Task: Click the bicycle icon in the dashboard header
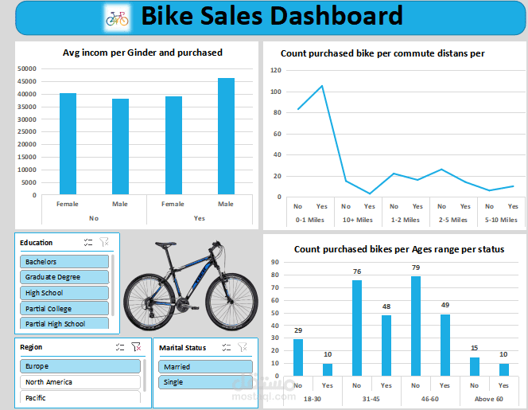click(x=117, y=17)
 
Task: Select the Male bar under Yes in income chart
click(x=226, y=136)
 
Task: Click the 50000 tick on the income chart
click(x=28, y=68)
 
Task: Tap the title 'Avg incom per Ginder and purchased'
click(x=142, y=53)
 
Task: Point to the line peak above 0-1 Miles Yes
click(x=322, y=86)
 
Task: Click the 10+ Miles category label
click(x=357, y=220)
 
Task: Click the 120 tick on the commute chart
click(x=276, y=70)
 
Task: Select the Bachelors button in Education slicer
click(x=64, y=261)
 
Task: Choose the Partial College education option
click(x=64, y=308)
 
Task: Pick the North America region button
click(x=80, y=382)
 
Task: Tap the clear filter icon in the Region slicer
click(x=136, y=347)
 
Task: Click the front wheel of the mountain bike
click(x=153, y=298)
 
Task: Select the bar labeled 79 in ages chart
click(x=416, y=326)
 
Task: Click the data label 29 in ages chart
click(x=298, y=330)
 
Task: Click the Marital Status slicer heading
click(x=183, y=348)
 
